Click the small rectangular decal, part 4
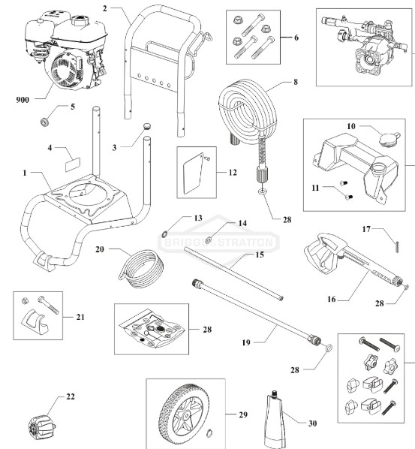click(x=72, y=159)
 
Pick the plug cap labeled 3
click(x=146, y=128)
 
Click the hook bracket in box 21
click(x=36, y=315)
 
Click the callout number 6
click(x=296, y=37)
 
